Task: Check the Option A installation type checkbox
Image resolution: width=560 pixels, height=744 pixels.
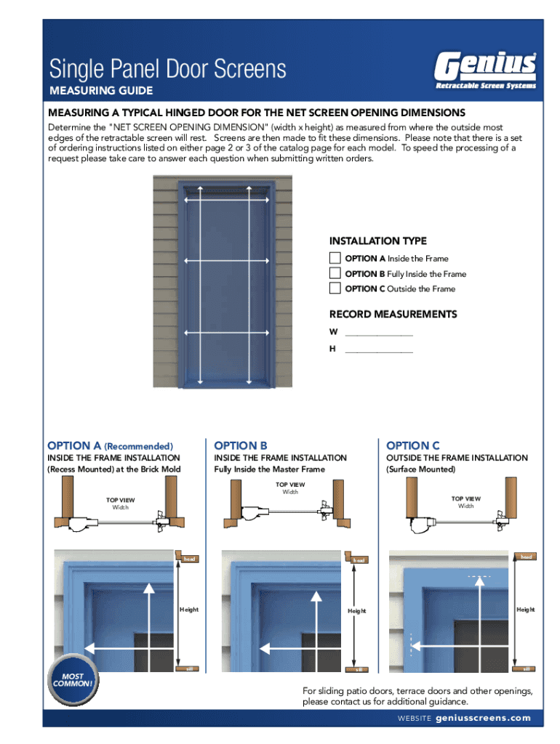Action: [335, 258]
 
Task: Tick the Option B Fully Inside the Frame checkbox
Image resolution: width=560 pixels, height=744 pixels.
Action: [335, 273]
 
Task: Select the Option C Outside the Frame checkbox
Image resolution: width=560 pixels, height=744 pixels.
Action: [335, 288]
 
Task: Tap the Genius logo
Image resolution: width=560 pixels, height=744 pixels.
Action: [485, 66]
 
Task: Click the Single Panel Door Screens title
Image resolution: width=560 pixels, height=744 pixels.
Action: [167, 70]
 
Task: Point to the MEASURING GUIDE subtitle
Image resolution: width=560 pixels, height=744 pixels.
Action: [100, 91]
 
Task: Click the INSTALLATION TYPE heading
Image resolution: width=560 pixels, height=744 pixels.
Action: [377, 241]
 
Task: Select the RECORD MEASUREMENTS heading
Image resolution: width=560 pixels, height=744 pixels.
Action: [393, 315]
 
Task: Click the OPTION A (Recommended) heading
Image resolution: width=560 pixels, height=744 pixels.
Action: [110, 445]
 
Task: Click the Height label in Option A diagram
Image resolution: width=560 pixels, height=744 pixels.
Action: [188, 610]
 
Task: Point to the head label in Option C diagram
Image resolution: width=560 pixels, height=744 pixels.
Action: [526, 557]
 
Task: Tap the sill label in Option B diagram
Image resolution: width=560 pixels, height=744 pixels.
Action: [357, 669]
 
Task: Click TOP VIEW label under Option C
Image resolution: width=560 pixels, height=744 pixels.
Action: [465, 499]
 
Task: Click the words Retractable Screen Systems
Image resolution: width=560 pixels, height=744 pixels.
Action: [485, 86]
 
